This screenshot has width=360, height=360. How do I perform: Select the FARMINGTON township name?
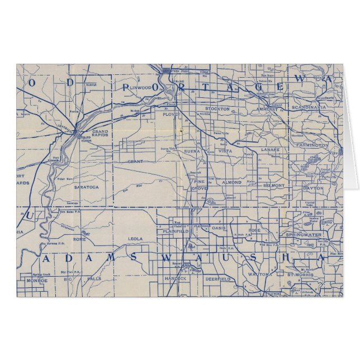(x=313, y=145)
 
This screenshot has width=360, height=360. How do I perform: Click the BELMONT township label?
(x=274, y=185)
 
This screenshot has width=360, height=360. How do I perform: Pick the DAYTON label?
(x=313, y=188)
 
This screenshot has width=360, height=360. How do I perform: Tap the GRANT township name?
(x=135, y=162)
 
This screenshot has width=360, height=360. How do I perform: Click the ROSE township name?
(x=255, y=230)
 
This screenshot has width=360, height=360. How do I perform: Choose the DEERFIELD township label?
(x=217, y=278)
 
